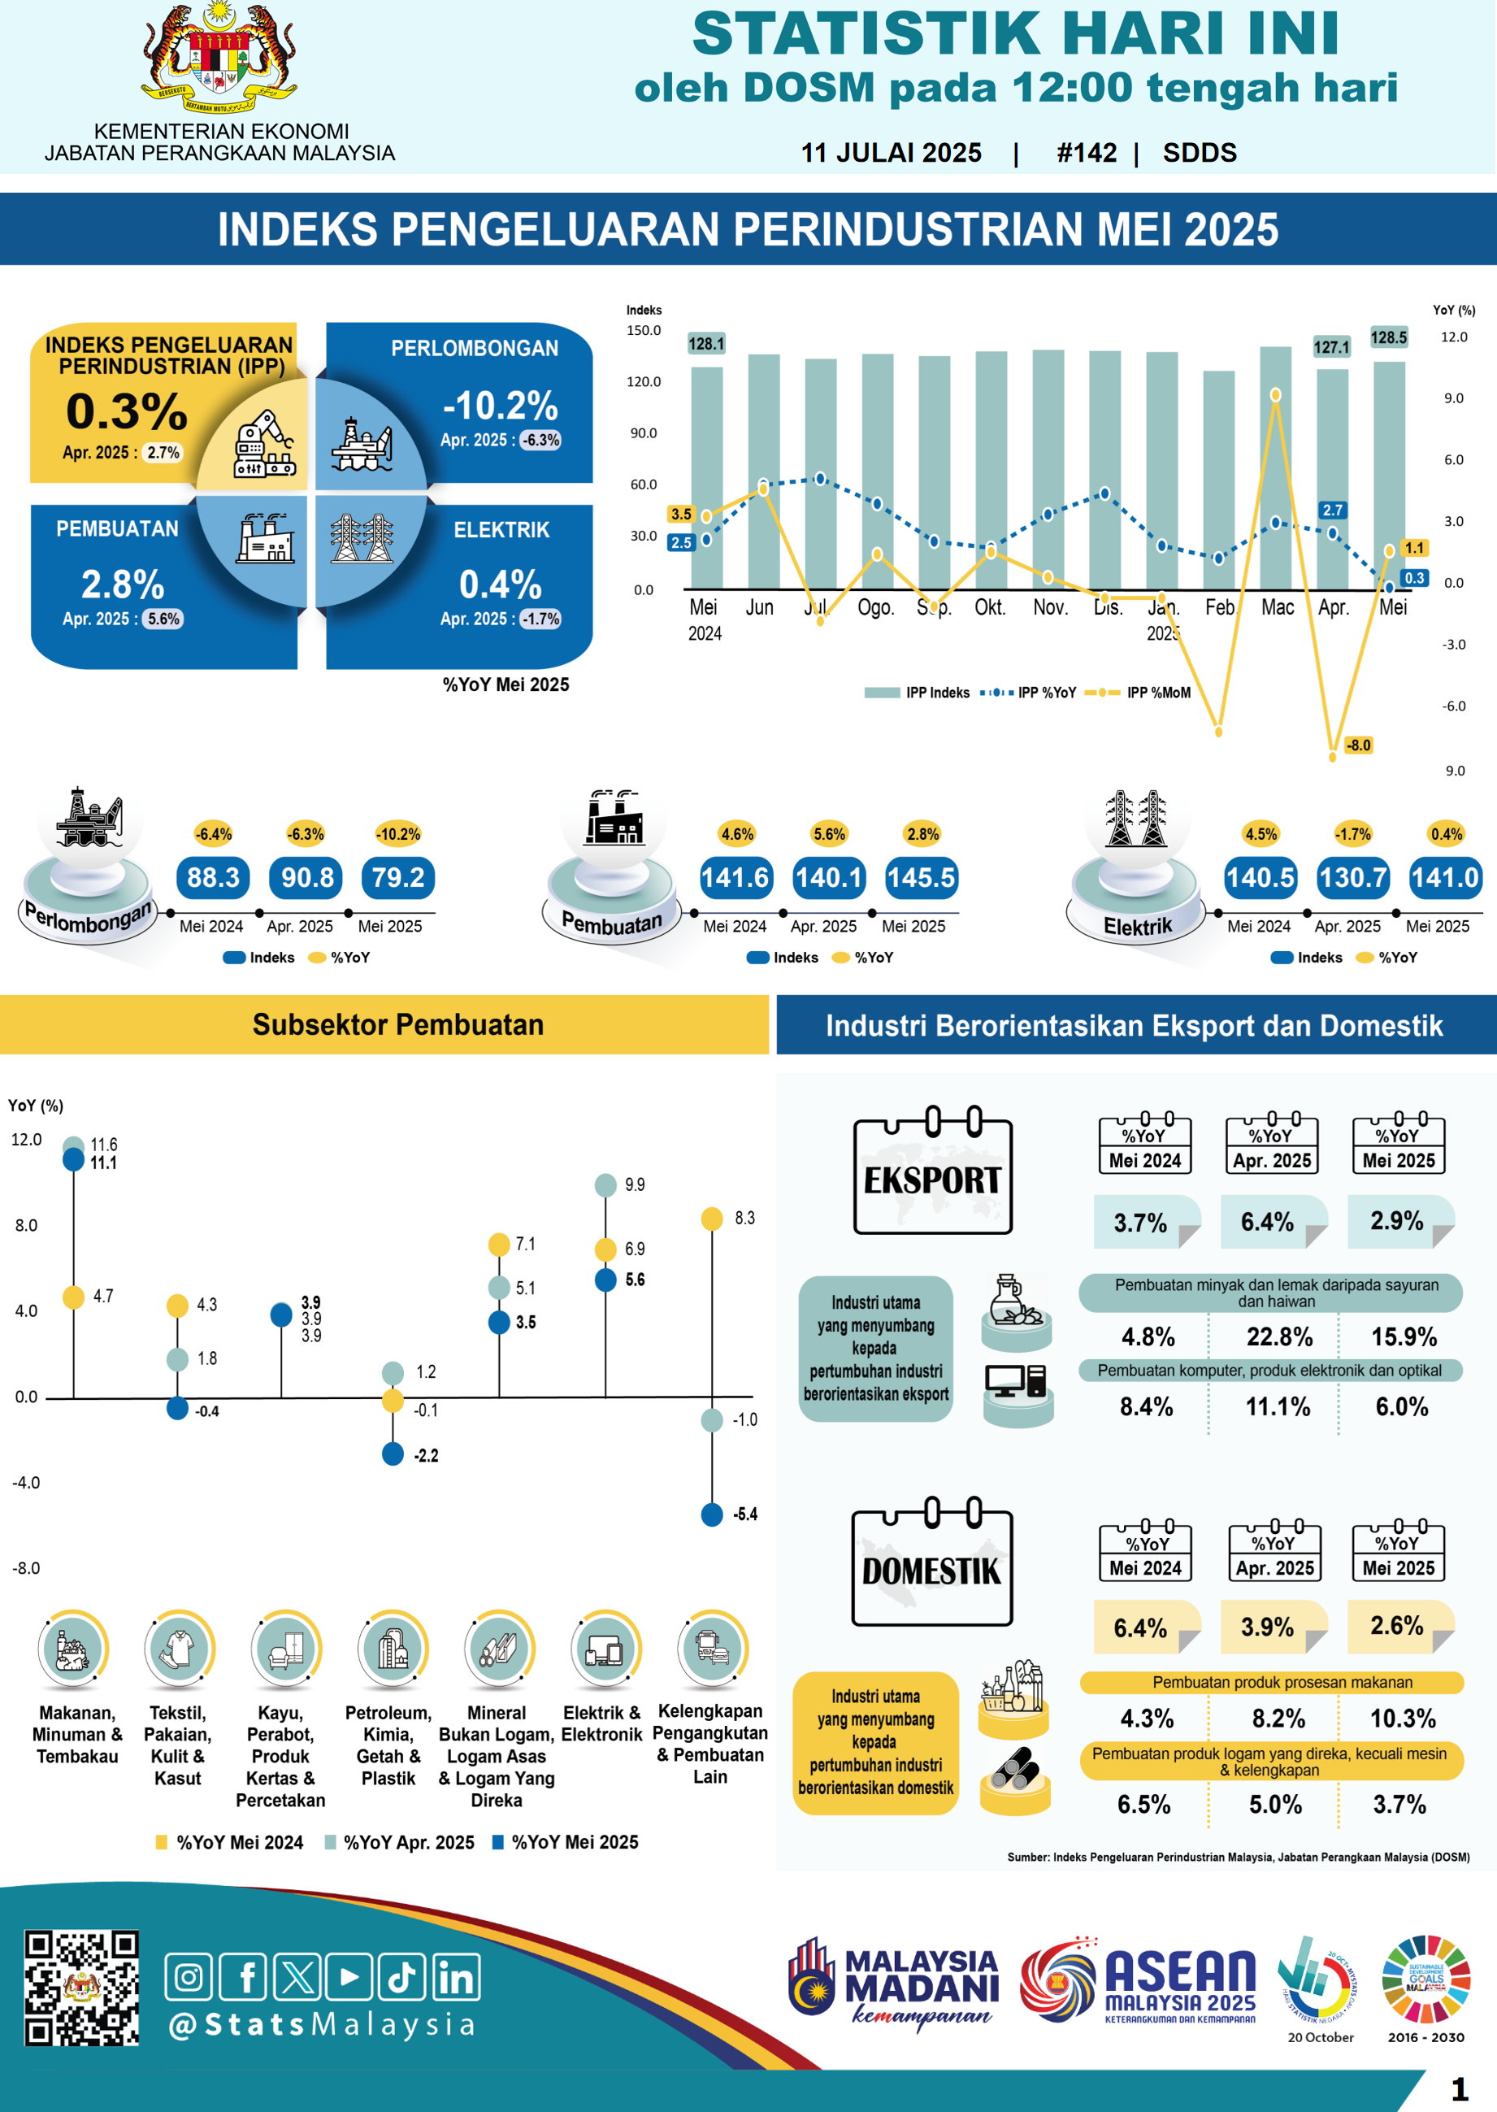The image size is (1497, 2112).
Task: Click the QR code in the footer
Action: point(81,1988)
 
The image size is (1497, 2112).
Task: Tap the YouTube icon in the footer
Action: point(349,1977)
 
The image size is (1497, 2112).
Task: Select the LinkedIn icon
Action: point(456,1977)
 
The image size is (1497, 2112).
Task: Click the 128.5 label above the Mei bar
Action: point(1388,337)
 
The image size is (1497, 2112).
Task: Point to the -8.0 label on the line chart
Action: point(1358,745)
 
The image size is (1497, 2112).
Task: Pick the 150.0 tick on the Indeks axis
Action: point(644,330)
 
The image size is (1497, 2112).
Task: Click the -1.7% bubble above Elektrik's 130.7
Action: point(1352,834)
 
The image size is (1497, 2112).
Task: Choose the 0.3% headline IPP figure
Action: point(128,411)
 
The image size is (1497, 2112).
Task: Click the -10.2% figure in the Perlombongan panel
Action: point(501,406)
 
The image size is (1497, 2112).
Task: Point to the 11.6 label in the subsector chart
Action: point(103,1144)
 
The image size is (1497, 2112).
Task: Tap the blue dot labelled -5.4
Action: point(712,1514)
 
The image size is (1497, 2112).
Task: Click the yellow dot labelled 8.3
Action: point(712,1219)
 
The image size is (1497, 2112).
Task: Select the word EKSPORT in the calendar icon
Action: point(932,1180)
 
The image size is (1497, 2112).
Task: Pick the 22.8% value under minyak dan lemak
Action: point(1278,1336)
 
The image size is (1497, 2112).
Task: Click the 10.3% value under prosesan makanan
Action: point(1402,1719)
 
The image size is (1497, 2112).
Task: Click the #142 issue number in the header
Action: point(1087,153)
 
